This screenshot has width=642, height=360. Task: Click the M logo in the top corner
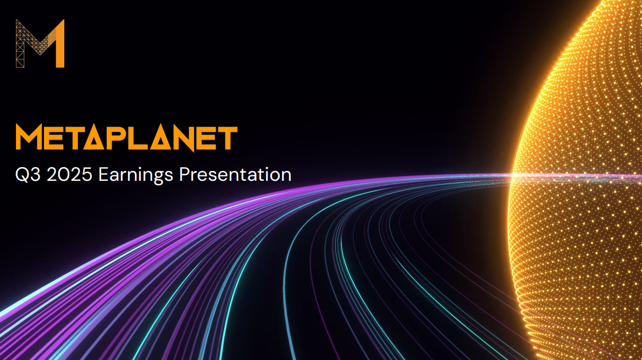(40, 43)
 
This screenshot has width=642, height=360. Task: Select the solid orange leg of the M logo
(59, 44)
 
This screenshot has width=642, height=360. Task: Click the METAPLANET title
(126, 138)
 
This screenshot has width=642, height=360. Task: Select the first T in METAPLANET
(76, 138)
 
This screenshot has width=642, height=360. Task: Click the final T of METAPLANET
(228, 138)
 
